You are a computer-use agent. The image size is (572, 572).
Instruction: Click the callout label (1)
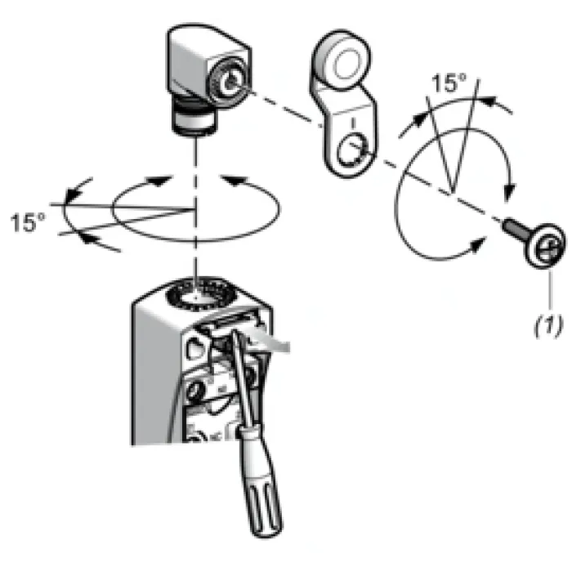548,326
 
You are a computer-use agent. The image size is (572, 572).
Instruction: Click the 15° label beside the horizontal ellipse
28,222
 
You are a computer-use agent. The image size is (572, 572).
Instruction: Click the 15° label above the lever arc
449,83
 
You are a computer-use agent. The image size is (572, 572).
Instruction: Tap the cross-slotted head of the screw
545,245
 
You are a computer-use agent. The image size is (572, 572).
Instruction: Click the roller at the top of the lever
342,60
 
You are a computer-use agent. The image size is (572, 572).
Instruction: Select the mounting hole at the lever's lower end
351,150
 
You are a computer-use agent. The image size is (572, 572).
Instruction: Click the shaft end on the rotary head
230,83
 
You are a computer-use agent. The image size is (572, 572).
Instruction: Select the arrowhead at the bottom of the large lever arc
479,244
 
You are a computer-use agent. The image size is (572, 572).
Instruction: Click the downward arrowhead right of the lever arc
510,191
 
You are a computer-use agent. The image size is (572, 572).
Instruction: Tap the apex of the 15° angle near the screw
451,193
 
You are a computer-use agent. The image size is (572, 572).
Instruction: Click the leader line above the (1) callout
550,290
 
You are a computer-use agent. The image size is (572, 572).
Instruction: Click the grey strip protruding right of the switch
270,341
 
